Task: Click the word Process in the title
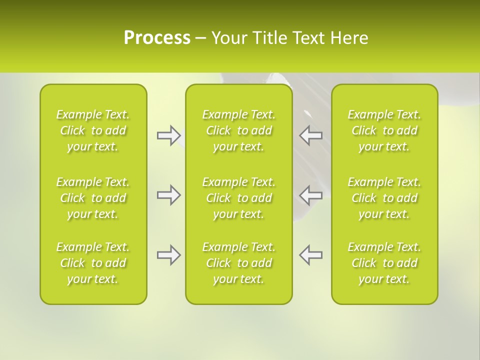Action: pos(157,38)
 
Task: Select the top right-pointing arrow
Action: pos(168,135)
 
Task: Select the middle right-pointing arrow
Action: pos(168,195)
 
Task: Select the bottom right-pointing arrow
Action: pos(168,255)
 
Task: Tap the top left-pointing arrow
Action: pos(311,135)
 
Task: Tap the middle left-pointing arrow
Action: pos(311,195)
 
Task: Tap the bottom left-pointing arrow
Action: pos(311,255)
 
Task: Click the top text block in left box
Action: pos(93,130)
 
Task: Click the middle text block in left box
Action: pos(93,198)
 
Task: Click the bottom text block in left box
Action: pos(93,263)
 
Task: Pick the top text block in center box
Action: pos(239,130)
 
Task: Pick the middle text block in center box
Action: pos(239,198)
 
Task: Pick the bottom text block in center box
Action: pos(239,263)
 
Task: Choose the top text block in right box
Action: pos(384,130)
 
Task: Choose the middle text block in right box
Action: pos(384,198)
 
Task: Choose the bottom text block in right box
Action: pos(384,263)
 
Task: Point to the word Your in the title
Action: pos(228,38)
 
